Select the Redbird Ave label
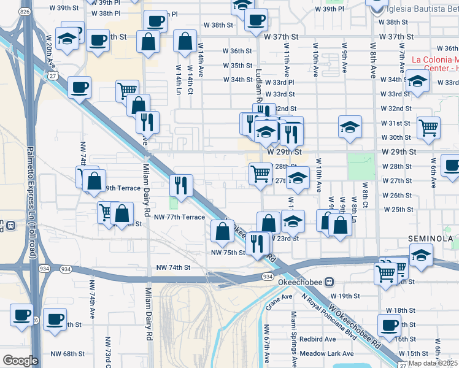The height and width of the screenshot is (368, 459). pyautogui.click(x=317, y=339)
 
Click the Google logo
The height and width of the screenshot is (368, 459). pyautogui.click(x=20, y=360)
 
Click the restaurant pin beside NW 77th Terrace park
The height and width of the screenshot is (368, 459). pyautogui.click(x=181, y=183)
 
